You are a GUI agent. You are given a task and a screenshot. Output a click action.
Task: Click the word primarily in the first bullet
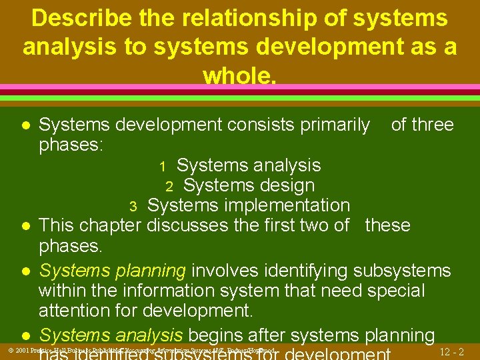333,125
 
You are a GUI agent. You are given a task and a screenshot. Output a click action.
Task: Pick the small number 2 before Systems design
170,186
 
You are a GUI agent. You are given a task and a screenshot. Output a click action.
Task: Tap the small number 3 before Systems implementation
133,206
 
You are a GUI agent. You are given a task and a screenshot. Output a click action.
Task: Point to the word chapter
109,225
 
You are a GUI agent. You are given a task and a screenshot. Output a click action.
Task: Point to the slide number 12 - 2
453,351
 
